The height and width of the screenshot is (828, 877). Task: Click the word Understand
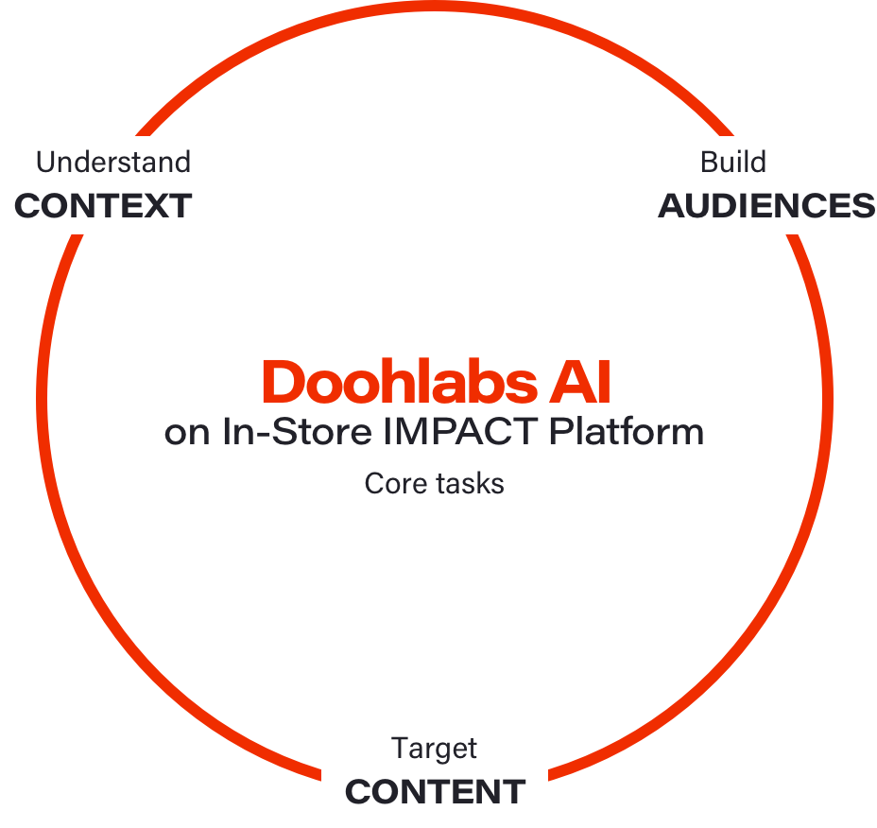(x=113, y=163)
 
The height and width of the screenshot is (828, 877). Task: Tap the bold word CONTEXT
(x=103, y=206)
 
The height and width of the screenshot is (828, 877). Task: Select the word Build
(x=732, y=163)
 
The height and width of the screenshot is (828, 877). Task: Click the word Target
(x=435, y=749)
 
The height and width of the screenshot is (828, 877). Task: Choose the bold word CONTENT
(x=435, y=792)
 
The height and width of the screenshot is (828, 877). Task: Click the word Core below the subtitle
(x=395, y=484)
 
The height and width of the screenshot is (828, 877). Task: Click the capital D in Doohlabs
(x=280, y=383)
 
